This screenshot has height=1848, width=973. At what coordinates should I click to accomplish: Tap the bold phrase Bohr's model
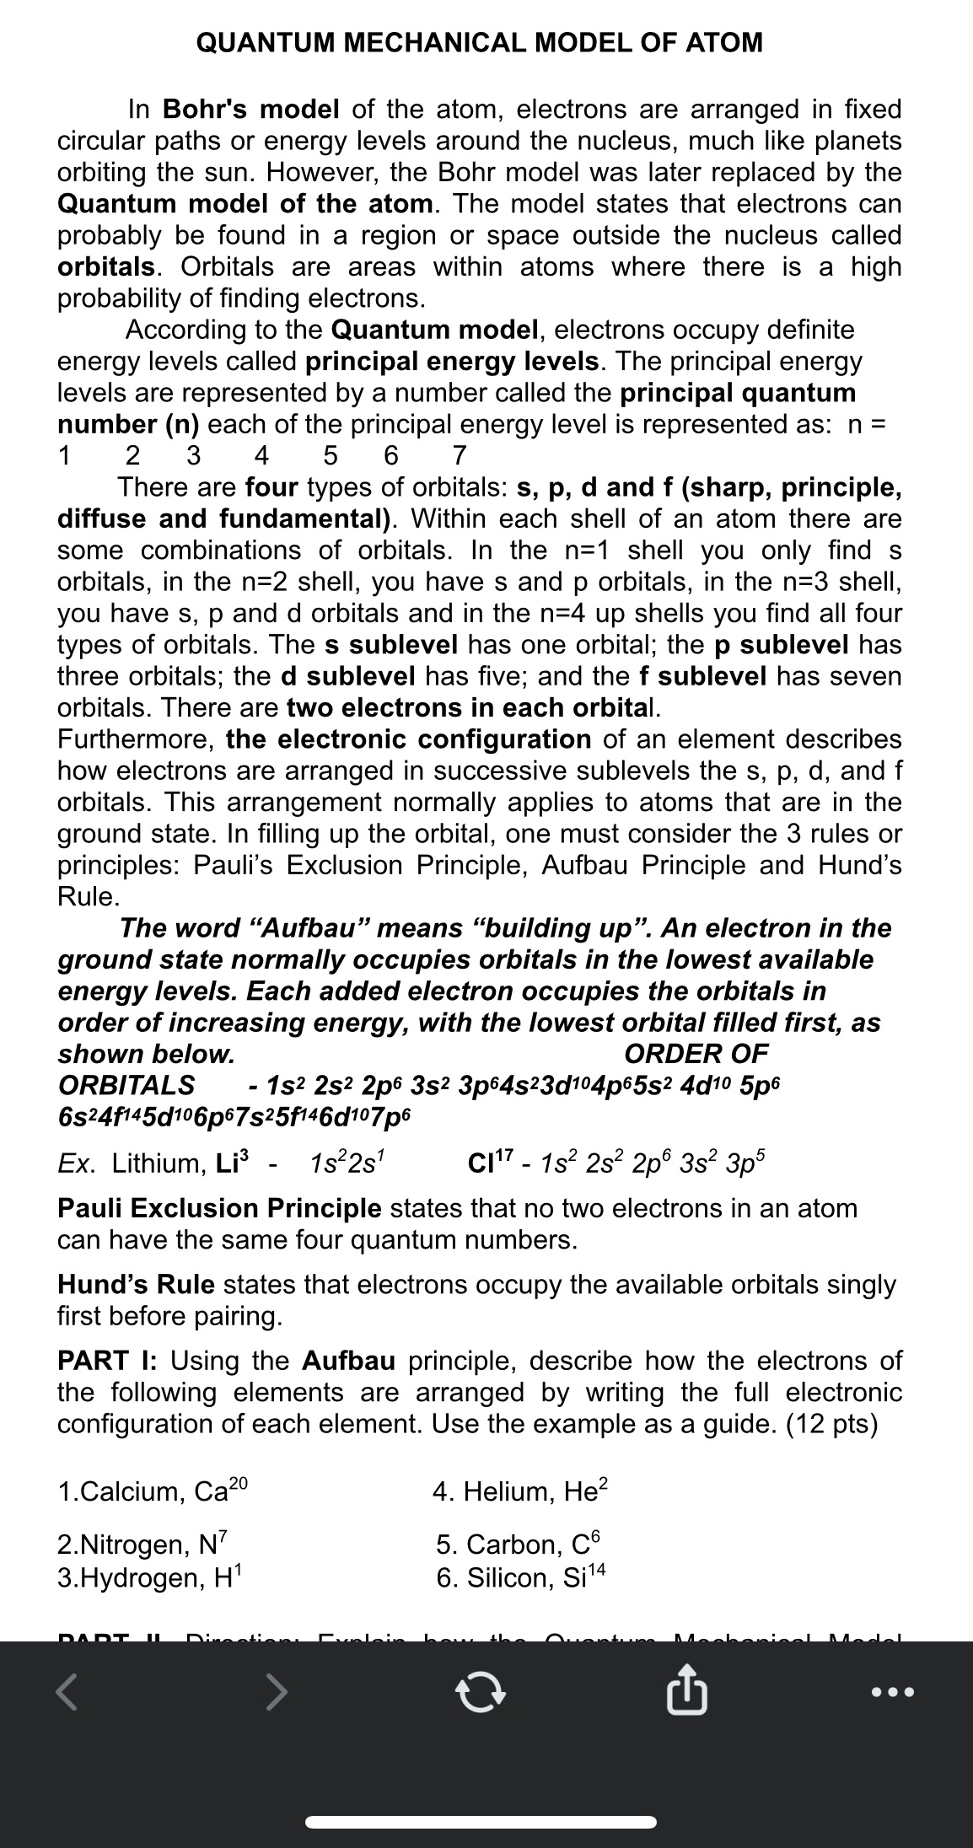pos(250,109)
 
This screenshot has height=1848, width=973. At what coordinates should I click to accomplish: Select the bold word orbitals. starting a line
pos(107,266)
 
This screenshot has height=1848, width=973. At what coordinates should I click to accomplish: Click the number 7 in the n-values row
pos(459,456)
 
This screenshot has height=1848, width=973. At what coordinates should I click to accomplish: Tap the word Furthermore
pos(134,739)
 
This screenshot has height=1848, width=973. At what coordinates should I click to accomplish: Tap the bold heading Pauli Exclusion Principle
pos(219,1209)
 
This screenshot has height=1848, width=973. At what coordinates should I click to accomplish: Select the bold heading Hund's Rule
pos(136,1285)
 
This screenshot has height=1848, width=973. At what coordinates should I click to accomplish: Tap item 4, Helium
pos(520,1491)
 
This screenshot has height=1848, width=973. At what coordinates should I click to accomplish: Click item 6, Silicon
pos(521,1577)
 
